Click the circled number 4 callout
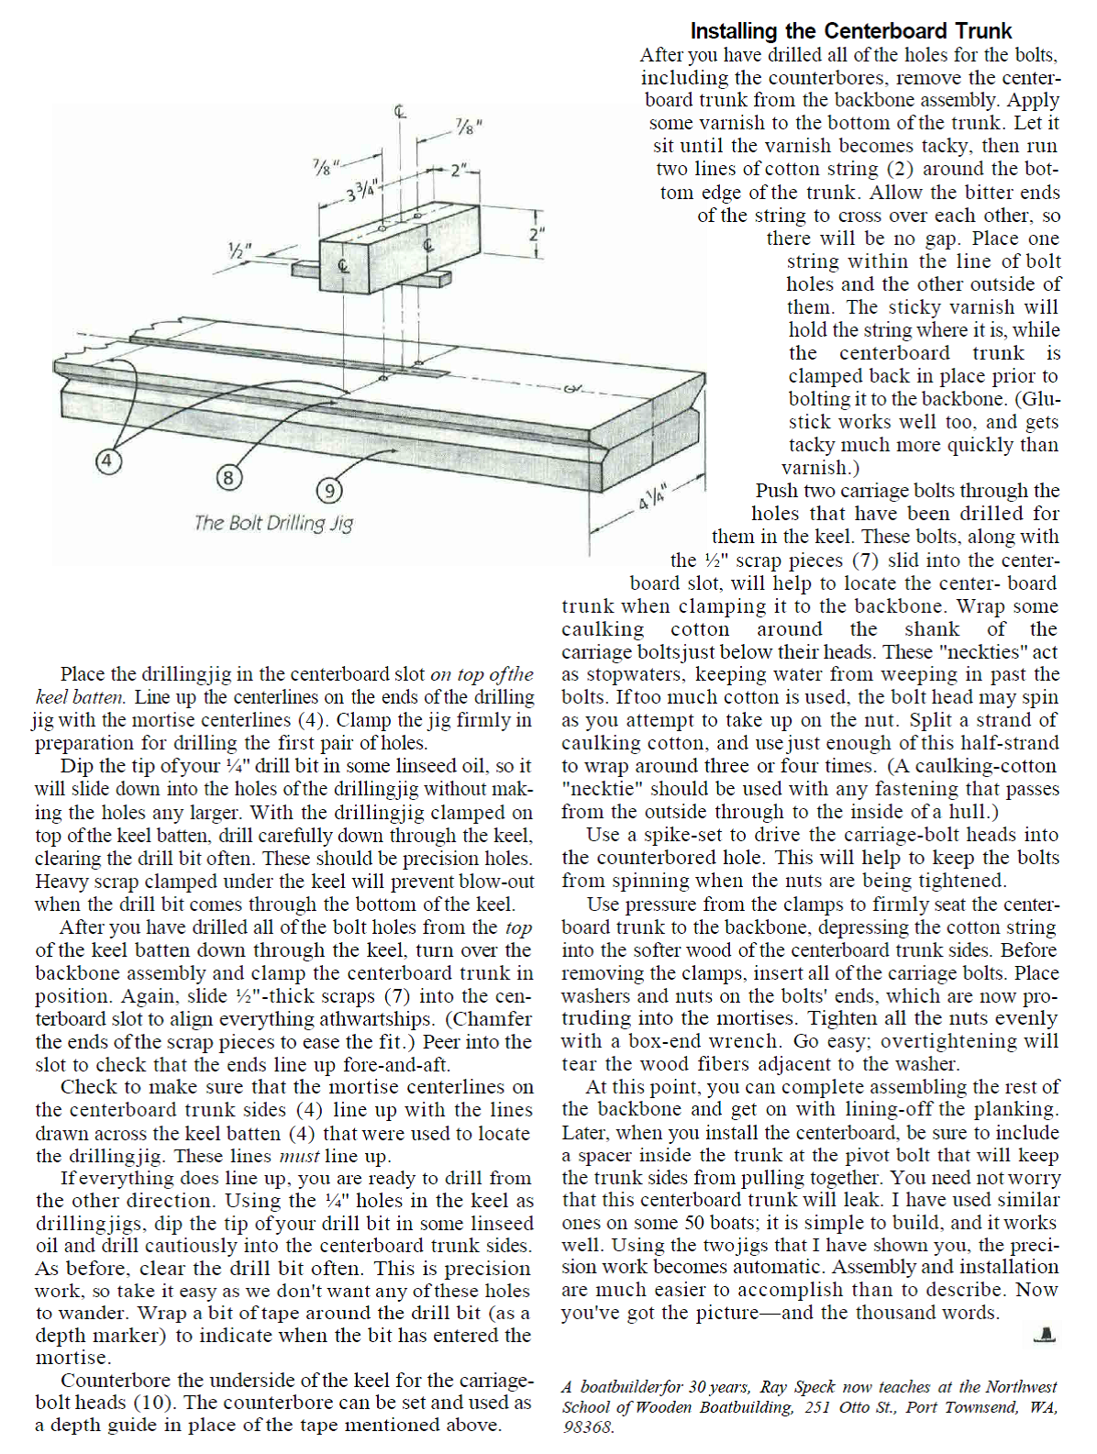point(107,461)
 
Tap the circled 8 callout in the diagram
point(228,477)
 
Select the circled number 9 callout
point(328,492)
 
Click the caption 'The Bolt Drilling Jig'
point(273,523)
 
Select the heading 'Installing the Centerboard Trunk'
point(850,31)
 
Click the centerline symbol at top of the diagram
point(400,112)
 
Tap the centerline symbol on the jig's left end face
point(343,267)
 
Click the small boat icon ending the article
point(1045,1335)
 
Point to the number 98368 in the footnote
point(588,1427)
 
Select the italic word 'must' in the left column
point(299,1156)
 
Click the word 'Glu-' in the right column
point(1036,399)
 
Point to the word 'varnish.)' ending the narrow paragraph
point(820,468)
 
